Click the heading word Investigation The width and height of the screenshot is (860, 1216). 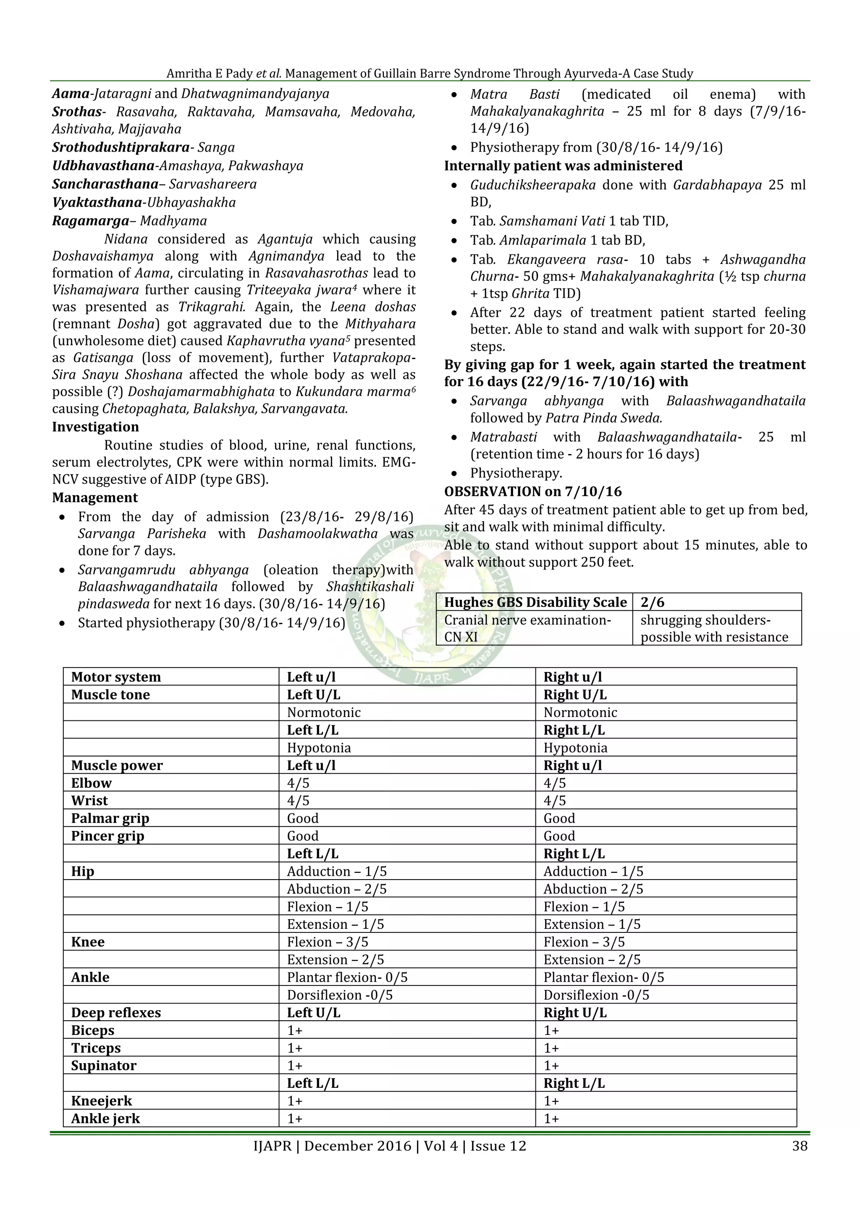pos(95,427)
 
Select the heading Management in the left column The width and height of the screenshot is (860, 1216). pos(95,498)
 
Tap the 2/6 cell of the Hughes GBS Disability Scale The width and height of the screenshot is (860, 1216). pos(653,602)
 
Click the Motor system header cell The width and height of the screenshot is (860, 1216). pos(116,677)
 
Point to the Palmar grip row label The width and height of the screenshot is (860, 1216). pos(110,818)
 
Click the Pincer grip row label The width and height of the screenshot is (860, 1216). pos(107,836)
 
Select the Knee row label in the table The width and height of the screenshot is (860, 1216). pos(88,942)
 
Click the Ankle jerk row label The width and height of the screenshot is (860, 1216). pos(105,1119)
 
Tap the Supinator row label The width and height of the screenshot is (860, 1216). pos(104,1066)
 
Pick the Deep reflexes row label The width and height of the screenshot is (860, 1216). pos(116,1013)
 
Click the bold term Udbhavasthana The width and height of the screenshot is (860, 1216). pos(103,166)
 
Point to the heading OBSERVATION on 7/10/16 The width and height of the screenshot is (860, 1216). pos(533,491)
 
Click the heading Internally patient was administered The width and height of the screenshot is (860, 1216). pos(563,166)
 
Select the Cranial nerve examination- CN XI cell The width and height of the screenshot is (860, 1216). pos(527,628)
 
